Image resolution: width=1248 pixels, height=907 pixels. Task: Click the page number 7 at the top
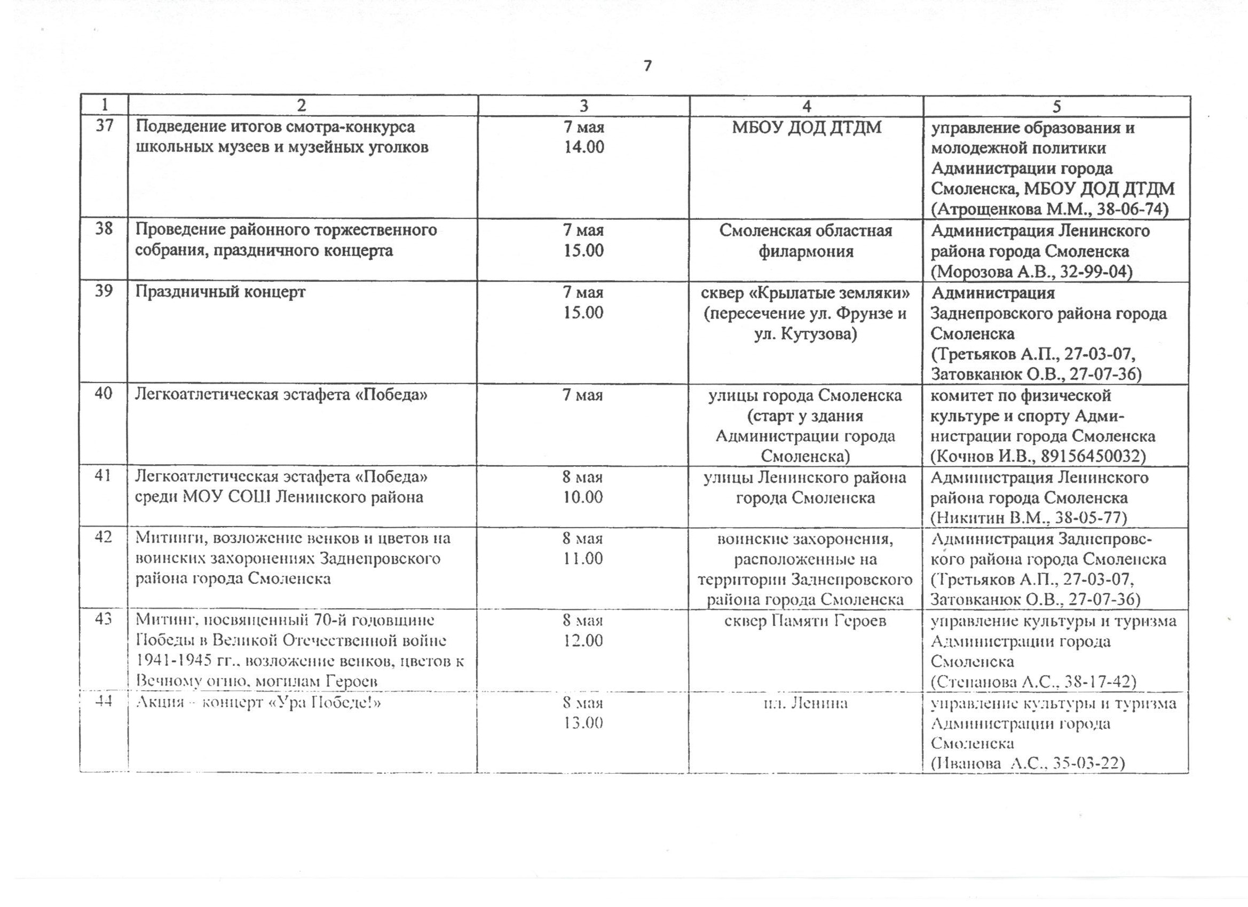click(x=647, y=67)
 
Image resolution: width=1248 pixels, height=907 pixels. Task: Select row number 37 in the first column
click(x=105, y=126)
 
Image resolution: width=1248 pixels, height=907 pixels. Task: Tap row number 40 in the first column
click(x=104, y=393)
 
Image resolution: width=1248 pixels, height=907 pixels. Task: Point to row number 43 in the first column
click(x=104, y=619)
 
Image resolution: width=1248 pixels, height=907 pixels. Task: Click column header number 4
click(x=806, y=106)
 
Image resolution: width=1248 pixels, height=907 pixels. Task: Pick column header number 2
click(x=302, y=106)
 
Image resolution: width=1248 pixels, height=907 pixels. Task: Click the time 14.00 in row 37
click(x=584, y=147)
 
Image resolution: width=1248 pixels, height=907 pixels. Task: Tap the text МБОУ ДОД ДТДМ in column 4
click(x=806, y=128)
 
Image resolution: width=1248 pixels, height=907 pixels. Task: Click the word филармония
click(x=806, y=251)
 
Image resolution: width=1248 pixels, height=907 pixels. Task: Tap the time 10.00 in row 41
click(x=583, y=497)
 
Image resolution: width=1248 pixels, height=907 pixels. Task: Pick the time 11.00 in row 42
click(x=583, y=559)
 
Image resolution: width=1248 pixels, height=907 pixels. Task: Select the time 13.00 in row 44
click(x=583, y=723)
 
